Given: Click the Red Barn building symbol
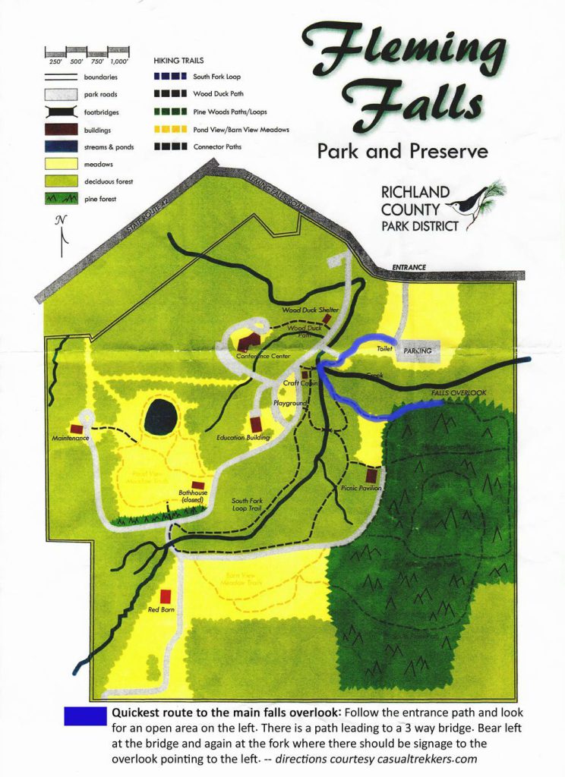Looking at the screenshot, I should point(166,596).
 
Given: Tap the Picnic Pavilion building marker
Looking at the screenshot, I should point(371,475).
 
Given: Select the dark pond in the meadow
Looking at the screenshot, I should point(161,417).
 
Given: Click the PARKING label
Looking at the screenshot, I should point(418,351).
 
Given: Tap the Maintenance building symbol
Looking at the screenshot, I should point(77,428).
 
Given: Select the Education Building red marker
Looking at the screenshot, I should point(255,423).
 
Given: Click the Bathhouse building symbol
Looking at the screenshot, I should point(198,485).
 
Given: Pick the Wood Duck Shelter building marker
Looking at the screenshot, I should point(327,319).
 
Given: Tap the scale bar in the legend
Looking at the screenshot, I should point(87,53).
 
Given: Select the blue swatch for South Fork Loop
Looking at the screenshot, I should point(170,77).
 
